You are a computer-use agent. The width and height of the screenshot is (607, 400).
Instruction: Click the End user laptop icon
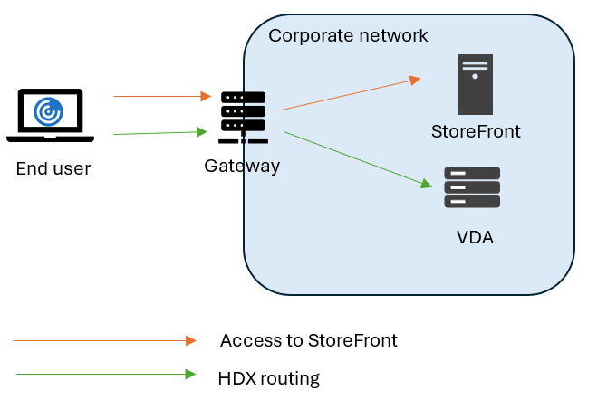pyautogui.click(x=50, y=116)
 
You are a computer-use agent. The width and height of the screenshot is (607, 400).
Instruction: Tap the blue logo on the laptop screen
pyautogui.click(x=49, y=111)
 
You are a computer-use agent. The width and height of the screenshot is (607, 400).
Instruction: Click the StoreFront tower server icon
pyautogui.click(x=476, y=81)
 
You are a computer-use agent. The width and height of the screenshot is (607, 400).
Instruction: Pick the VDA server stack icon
pyautogui.click(x=472, y=187)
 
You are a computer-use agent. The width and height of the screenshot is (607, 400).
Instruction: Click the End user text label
pyautogui.click(x=53, y=168)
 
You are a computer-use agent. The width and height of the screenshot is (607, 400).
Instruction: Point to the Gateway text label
pyautogui.click(x=242, y=166)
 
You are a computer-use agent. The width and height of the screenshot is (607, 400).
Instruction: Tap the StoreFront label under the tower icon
pyautogui.click(x=476, y=132)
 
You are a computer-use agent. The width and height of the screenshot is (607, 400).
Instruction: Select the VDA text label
pyautogui.click(x=475, y=237)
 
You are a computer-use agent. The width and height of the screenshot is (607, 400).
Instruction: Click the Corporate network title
pyautogui.click(x=349, y=35)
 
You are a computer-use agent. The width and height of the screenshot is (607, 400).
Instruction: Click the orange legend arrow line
pyautogui.click(x=104, y=340)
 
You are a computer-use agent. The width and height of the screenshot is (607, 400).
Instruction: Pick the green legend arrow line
pyautogui.click(x=105, y=374)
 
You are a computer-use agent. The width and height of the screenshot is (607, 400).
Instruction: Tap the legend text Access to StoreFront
pyautogui.click(x=309, y=340)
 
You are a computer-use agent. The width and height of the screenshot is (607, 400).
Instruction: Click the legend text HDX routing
pyautogui.click(x=269, y=377)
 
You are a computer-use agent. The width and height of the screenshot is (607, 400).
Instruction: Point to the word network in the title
pyautogui.click(x=390, y=35)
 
